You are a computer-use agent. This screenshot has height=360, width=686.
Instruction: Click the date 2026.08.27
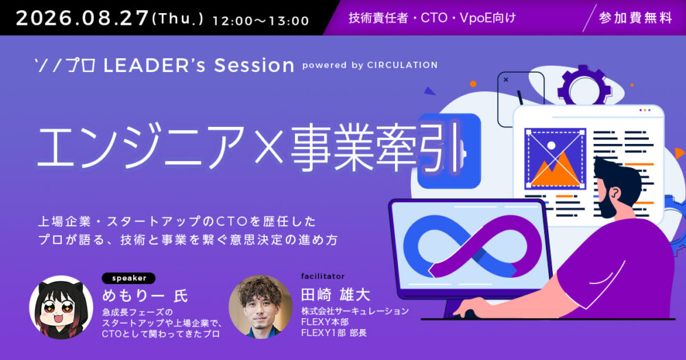[x=82, y=19]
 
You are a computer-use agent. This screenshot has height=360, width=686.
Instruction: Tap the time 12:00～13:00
[x=261, y=21]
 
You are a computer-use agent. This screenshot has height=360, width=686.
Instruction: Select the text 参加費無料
[x=635, y=18]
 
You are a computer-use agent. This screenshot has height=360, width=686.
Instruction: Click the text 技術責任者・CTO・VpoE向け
[x=432, y=18]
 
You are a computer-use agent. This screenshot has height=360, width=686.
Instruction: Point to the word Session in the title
[x=254, y=66]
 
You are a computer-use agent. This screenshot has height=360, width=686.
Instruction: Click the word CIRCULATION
[x=402, y=65]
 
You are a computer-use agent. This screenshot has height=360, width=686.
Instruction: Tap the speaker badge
[x=129, y=278]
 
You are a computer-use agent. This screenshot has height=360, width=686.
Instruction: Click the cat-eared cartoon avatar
[x=61, y=307]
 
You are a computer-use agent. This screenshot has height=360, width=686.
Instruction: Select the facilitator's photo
[x=261, y=307]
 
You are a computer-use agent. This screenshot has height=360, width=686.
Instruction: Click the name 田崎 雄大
[x=335, y=295]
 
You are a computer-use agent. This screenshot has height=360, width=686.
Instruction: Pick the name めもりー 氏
[x=145, y=296]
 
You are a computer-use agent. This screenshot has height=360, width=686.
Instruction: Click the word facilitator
[x=323, y=276]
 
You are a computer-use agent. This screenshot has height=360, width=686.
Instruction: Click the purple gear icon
[x=584, y=85]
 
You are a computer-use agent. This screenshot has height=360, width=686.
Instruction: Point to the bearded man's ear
[x=615, y=193]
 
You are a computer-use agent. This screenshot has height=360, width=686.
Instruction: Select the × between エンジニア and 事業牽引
[x=269, y=147]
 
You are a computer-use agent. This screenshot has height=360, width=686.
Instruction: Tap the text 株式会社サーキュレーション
[x=355, y=311]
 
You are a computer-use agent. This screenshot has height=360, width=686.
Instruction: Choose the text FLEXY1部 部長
[x=334, y=333]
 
